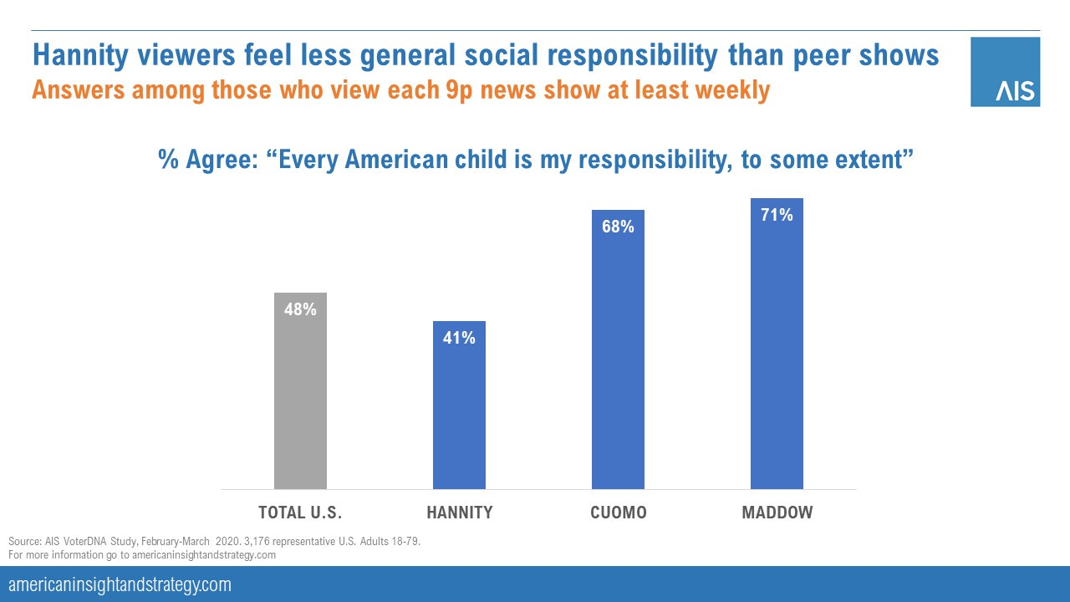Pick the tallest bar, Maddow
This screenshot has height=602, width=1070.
coord(777,344)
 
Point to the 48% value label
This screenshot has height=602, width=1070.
coord(300,309)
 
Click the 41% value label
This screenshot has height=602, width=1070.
coord(459,338)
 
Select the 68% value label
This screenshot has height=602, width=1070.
coord(618,227)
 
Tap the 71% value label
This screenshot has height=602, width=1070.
coord(777,215)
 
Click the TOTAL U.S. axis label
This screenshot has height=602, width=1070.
coord(300,513)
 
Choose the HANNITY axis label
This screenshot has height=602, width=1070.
coord(459,513)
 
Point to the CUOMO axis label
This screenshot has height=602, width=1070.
coord(618,513)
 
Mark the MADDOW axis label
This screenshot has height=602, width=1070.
coord(777,513)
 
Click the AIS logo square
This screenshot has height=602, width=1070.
coord(1005,72)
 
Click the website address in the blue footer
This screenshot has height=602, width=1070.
coord(120,584)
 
